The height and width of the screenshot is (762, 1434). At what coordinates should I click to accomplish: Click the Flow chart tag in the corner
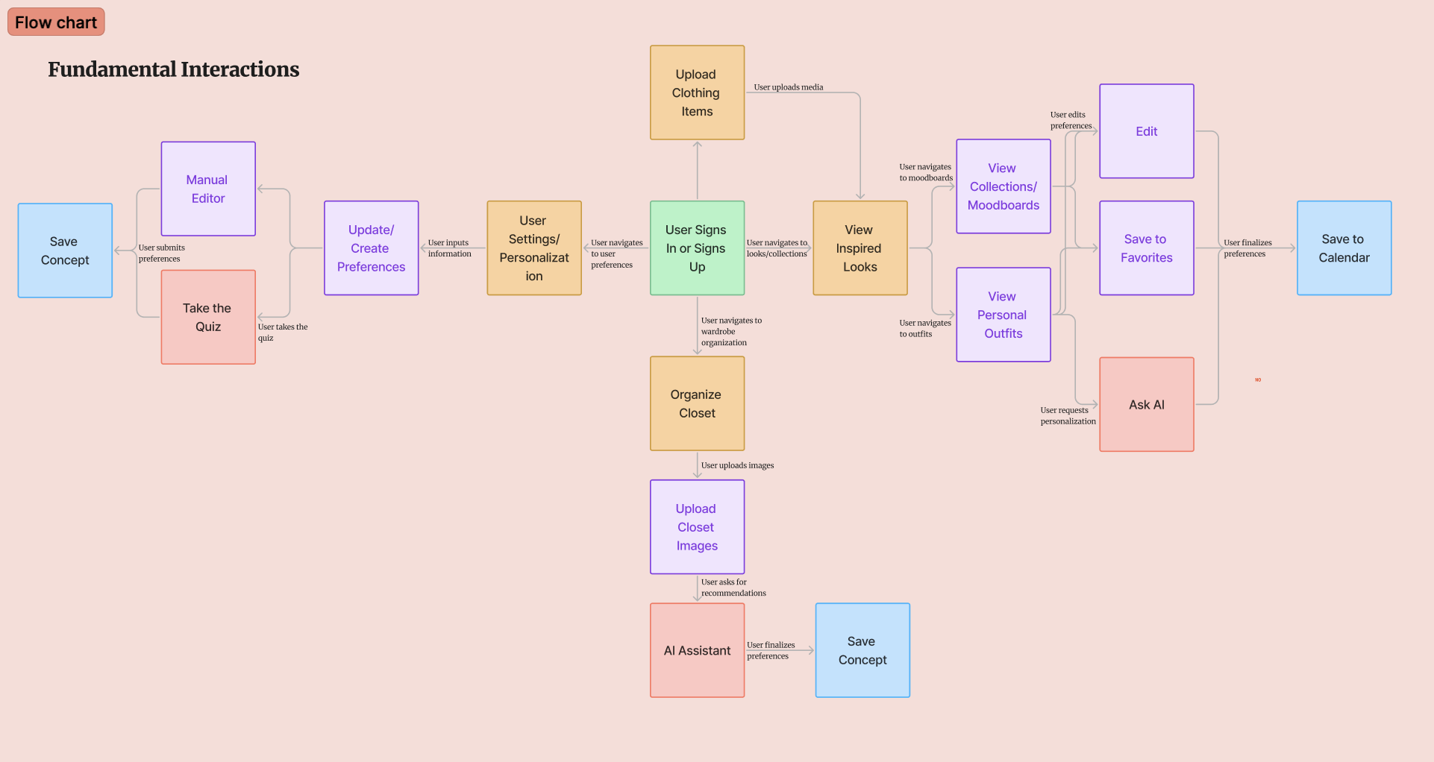coord(56,22)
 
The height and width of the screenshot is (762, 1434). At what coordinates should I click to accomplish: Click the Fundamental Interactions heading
coord(173,69)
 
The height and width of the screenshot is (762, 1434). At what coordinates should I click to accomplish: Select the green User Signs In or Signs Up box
coord(697,248)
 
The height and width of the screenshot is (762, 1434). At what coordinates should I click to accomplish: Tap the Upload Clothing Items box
coord(697,93)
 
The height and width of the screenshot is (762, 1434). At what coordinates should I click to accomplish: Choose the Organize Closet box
coord(697,403)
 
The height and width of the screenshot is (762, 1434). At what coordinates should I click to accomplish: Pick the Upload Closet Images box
coord(697,527)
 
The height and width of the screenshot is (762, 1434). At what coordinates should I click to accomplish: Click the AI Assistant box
coord(697,650)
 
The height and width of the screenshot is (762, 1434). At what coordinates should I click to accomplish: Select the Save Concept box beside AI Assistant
coord(862,650)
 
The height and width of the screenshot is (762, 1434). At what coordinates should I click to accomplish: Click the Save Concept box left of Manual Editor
coord(65,251)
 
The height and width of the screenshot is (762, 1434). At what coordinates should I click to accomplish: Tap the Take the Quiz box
coord(208,318)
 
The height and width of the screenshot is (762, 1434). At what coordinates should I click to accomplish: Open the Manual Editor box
coord(208,189)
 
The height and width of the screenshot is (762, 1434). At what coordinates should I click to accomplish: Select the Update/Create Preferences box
coord(371,248)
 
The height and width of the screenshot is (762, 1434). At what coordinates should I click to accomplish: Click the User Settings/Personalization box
coord(534,248)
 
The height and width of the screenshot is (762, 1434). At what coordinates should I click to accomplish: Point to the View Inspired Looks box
coord(860,248)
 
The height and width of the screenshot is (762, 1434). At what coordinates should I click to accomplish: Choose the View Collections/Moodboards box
coord(1004,186)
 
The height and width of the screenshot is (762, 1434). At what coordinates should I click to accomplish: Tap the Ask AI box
coord(1146,405)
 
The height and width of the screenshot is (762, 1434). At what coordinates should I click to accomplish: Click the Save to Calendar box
coord(1344,248)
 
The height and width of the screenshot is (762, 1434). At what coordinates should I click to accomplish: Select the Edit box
coord(1146,131)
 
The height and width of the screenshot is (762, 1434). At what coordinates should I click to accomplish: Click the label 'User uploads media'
coord(788,87)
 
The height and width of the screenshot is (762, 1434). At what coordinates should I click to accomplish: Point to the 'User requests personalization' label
coord(1068,416)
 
